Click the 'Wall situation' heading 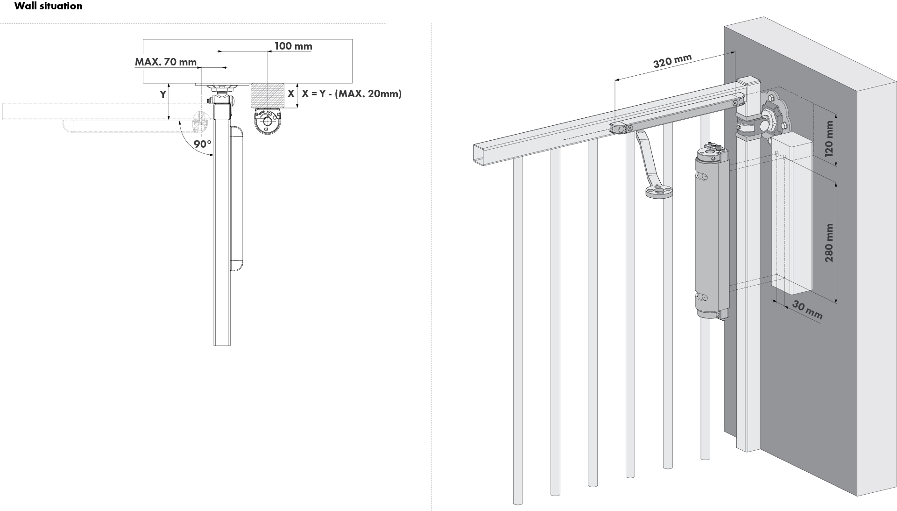pos(49,6)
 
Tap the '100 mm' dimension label pos(293,46)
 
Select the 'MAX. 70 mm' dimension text pos(166,62)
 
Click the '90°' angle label pos(203,144)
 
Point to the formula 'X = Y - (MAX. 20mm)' pos(352,94)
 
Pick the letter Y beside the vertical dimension pos(163,94)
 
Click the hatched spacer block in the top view pos(268,95)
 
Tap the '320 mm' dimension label pos(672,61)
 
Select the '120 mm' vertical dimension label pos(829,139)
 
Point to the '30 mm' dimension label pos(807,310)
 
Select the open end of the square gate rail pos(479,153)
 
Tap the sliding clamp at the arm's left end pos(618,128)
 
